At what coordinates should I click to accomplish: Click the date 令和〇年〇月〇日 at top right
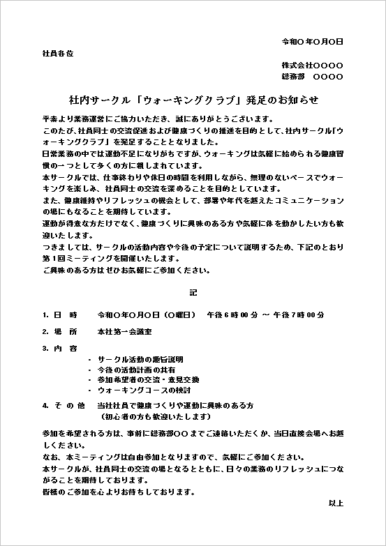pos(312,41)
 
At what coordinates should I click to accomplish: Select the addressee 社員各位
pos(58,53)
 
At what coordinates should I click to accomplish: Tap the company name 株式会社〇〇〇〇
pos(312,65)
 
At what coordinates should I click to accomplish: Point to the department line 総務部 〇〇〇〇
pos(312,76)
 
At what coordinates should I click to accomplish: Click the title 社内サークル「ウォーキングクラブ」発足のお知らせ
pos(193,100)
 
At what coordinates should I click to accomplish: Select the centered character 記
pos(193,291)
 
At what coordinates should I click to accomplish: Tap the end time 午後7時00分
pos(298,314)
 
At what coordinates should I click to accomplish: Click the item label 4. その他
pos(64,405)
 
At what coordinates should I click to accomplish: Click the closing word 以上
pos(336,503)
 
